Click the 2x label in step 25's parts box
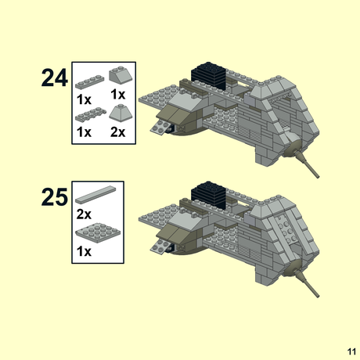pos(84,213)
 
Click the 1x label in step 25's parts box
pos(84,251)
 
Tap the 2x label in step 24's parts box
pos(118,132)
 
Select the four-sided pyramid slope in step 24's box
pos(118,112)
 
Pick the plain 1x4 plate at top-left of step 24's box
pos(89,80)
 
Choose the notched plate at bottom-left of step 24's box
pos(89,117)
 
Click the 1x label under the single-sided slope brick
pos(118,95)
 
